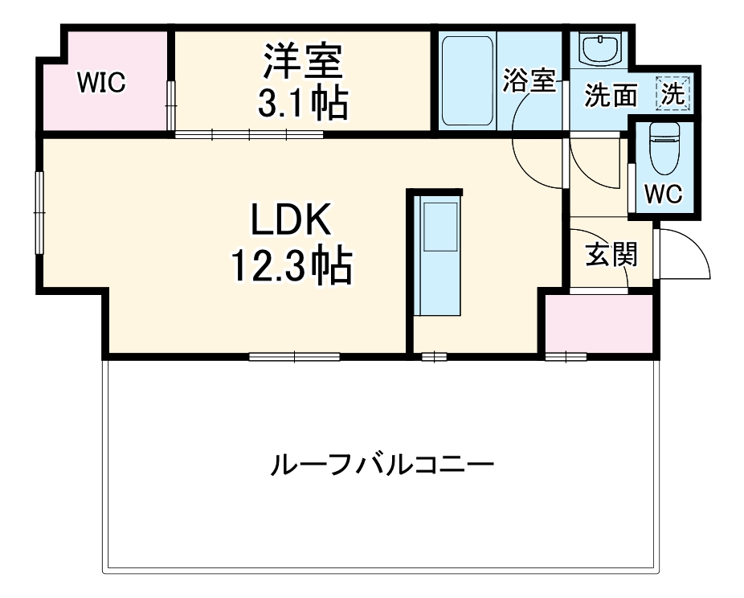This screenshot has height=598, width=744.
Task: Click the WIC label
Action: tap(101, 83)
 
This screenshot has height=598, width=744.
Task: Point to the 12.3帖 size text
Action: tap(291, 265)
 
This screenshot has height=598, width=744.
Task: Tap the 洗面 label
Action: tap(611, 96)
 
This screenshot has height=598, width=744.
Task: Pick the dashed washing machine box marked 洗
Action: tap(672, 93)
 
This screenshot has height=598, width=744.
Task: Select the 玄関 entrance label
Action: tap(611, 254)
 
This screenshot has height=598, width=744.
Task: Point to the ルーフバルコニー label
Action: tap(381, 465)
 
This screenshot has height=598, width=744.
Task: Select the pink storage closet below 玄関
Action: tap(599, 322)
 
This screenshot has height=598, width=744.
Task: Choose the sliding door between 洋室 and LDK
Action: tap(249, 134)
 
